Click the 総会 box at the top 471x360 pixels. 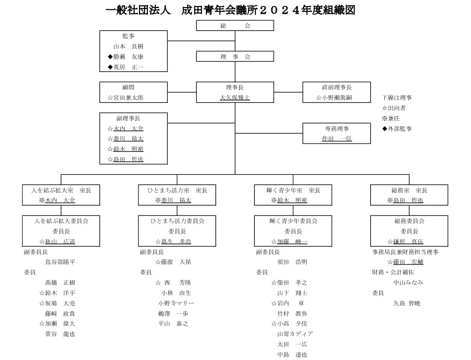[235, 26]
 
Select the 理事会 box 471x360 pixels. [235, 56]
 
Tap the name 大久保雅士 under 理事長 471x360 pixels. [235, 98]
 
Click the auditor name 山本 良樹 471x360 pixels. [128, 46]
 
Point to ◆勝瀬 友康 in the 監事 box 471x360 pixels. [126, 56]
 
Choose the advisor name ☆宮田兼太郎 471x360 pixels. [125, 98]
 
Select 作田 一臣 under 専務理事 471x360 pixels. [337, 139]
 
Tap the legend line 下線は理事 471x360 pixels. [397, 98]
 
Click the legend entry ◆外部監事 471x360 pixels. [397, 128]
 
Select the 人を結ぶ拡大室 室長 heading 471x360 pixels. [61, 190]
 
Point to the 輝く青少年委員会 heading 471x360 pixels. [292, 221]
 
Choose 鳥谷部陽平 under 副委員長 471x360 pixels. [60, 262]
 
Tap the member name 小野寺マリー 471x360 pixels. [176, 303]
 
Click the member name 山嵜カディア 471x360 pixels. [295, 334]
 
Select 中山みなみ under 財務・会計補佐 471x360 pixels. [408, 282]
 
